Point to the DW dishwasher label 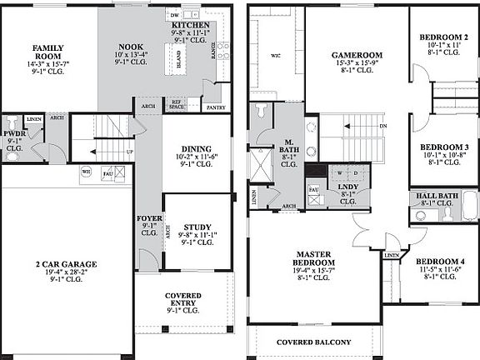click(175, 16)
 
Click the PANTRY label click(215, 107)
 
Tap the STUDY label click(197, 227)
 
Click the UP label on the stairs click(129, 152)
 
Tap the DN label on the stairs click(382, 126)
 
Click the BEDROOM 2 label click(443, 37)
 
